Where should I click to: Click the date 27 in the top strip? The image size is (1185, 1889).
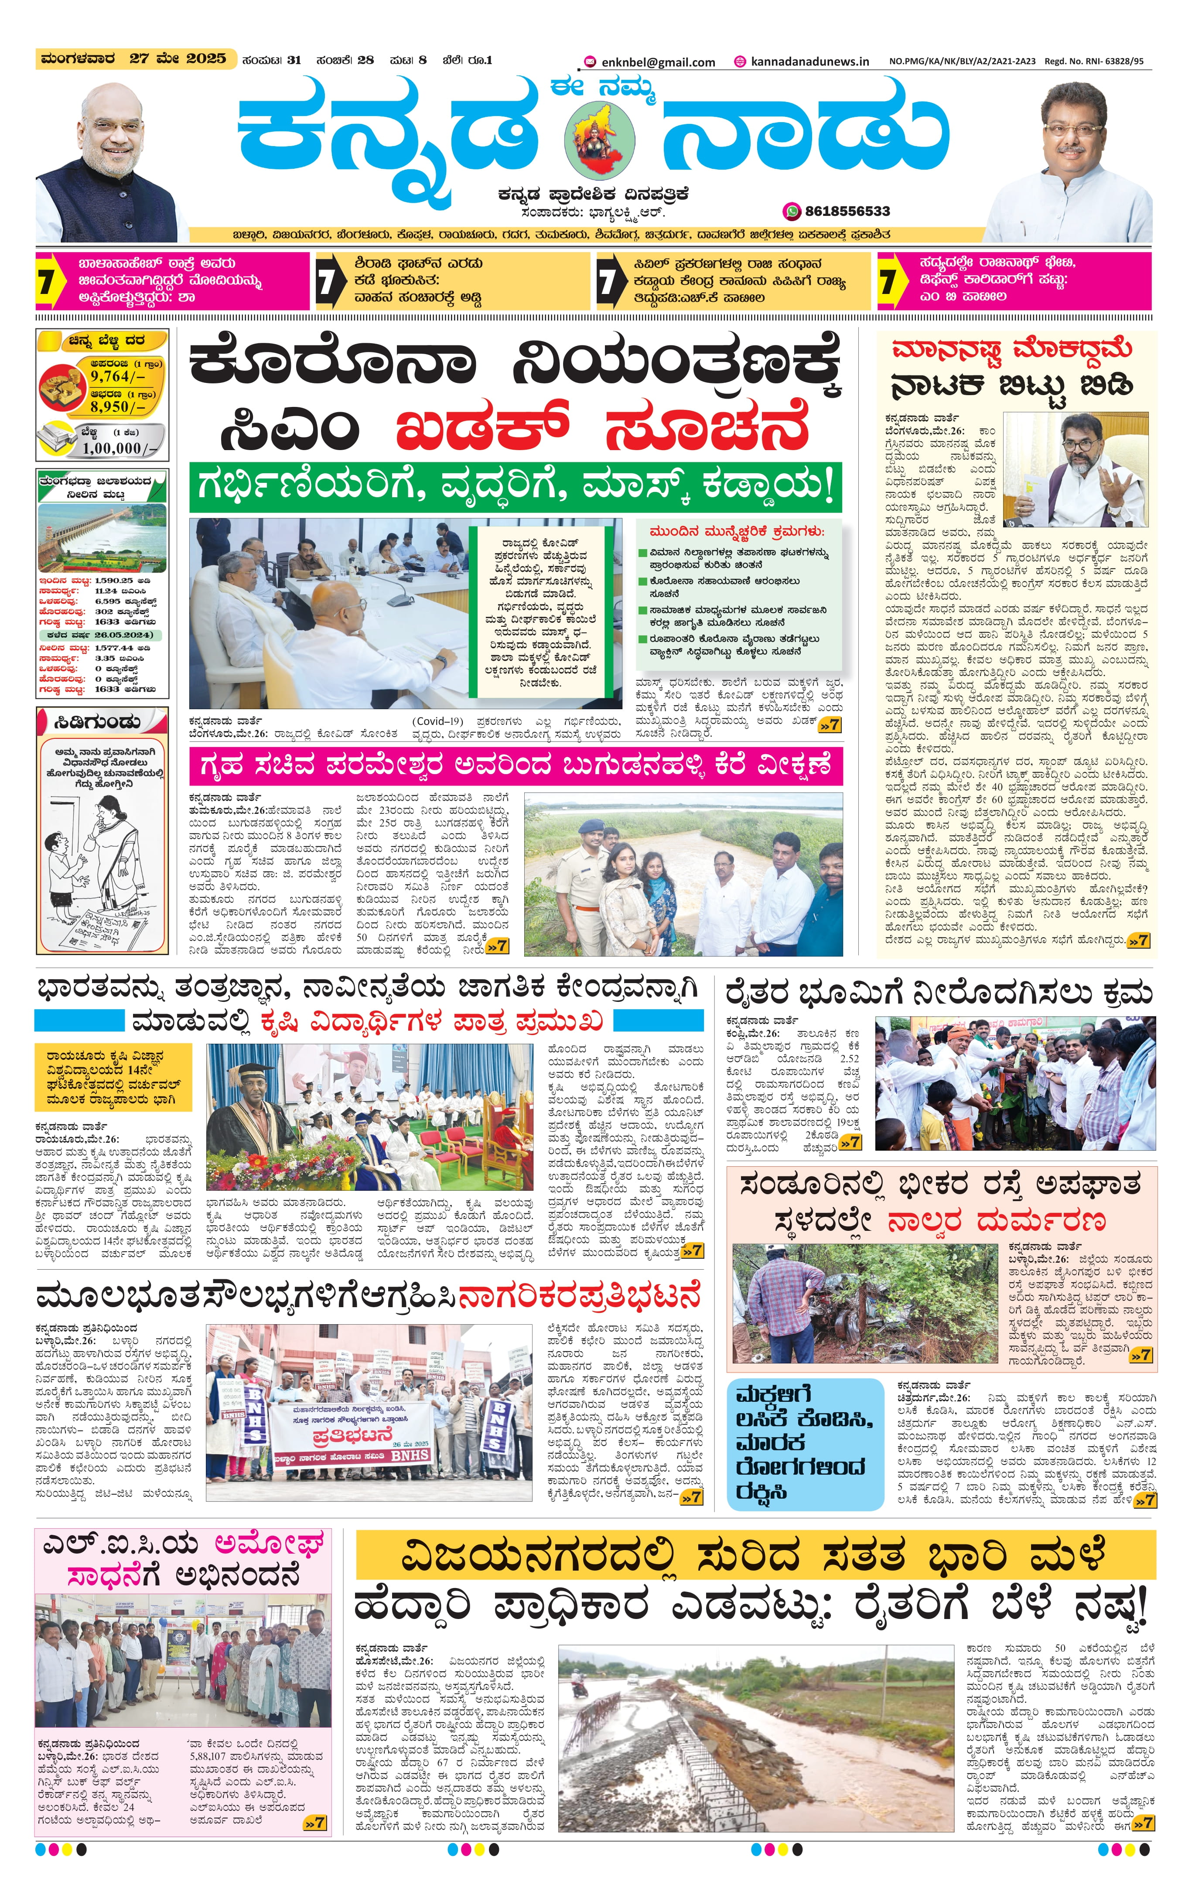[x=140, y=59]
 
